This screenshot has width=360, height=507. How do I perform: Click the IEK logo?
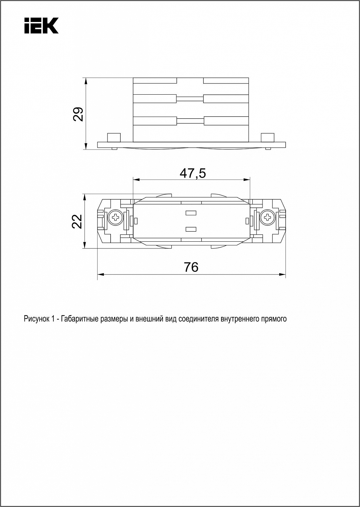click(42, 26)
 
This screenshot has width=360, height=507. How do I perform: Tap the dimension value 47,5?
click(193, 174)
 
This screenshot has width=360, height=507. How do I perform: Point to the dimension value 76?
click(191, 267)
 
